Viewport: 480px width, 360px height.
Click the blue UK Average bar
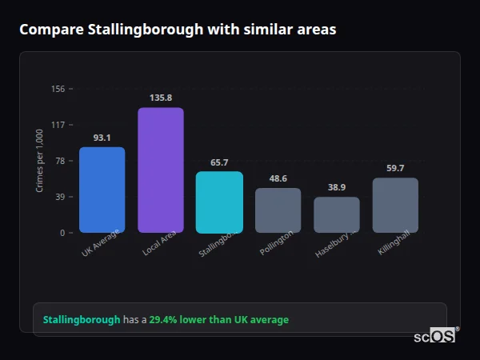[102, 190]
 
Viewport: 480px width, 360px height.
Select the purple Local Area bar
[161, 170]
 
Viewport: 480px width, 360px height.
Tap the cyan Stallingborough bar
[219, 202]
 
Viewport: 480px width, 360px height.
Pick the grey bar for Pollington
[278, 210]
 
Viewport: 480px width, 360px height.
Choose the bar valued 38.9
[337, 214]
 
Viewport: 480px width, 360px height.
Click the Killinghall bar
[395, 205]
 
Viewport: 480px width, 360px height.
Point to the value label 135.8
[161, 98]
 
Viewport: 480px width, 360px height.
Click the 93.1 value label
[102, 138]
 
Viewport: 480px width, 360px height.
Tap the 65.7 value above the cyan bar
[219, 162]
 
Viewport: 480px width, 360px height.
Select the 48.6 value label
[278, 178]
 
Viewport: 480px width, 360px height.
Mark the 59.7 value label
[395, 168]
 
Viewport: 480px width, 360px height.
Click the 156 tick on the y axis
[58, 89]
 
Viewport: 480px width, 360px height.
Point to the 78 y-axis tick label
[60, 161]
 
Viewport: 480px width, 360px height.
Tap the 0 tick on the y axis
[62, 233]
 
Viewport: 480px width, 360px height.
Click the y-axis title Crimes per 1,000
[40, 161]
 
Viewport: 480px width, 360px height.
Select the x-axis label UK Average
[101, 243]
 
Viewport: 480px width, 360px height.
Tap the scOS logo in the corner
[435, 337]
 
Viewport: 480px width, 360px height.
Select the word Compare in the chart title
[50, 30]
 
